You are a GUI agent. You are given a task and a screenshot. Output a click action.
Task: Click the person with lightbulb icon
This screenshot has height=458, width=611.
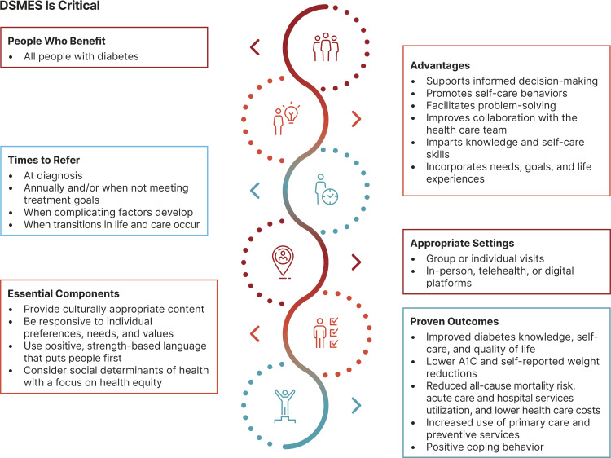(x=284, y=119)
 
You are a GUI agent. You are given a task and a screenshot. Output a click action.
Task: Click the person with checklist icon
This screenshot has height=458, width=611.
(x=326, y=332)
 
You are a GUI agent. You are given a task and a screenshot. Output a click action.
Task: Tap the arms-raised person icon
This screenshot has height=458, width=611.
(x=284, y=404)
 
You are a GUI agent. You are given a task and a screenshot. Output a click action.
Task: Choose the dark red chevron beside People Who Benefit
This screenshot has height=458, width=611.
(x=254, y=47)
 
